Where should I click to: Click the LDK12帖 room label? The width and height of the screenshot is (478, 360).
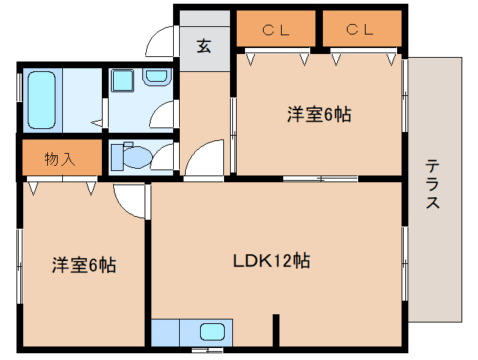271,262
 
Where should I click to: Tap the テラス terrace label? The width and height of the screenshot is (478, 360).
433,184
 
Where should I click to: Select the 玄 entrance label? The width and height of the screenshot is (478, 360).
204,45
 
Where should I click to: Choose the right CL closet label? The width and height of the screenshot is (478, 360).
360,30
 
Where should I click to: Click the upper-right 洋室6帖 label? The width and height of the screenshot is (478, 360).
319,115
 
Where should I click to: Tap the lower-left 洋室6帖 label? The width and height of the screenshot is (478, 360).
83,265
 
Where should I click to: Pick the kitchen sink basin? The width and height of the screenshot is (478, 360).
212,331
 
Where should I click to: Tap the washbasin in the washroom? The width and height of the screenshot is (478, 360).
157,76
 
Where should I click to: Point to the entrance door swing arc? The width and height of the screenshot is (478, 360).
159,41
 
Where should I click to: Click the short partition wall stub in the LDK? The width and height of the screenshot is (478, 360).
276,329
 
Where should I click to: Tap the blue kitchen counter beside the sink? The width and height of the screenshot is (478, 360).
166,331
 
